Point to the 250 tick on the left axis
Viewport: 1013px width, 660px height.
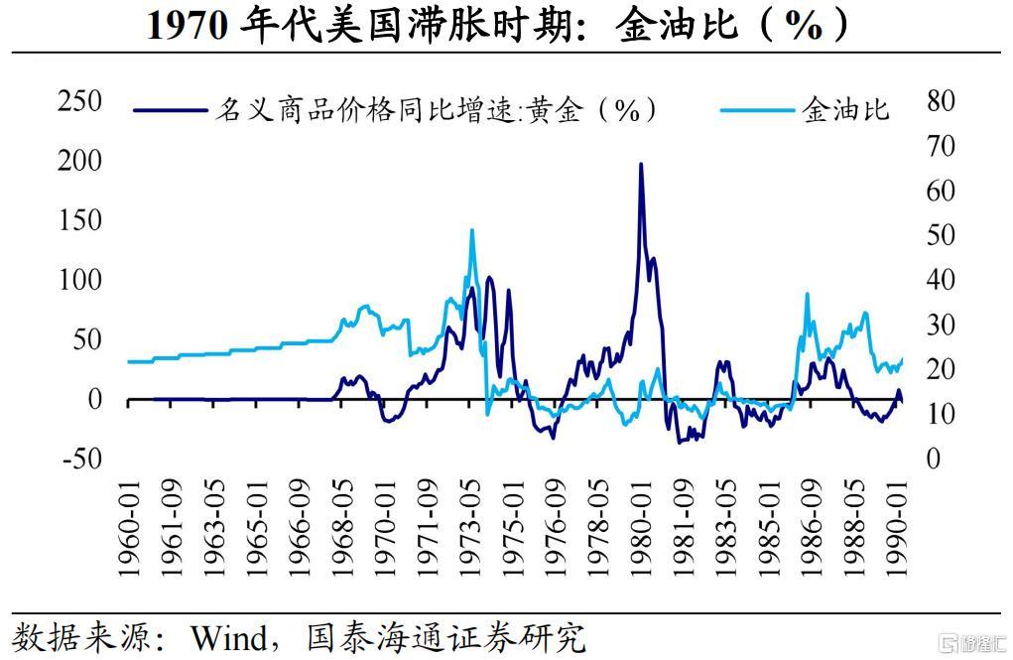pos(79,101)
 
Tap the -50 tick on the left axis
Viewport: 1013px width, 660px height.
pos(79,459)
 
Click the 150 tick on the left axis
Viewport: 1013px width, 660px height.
pos(79,220)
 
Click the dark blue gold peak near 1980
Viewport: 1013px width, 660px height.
pos(641,165)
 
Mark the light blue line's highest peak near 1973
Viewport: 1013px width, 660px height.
pos(471,230)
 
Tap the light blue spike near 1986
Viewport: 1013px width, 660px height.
pos(807,295)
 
